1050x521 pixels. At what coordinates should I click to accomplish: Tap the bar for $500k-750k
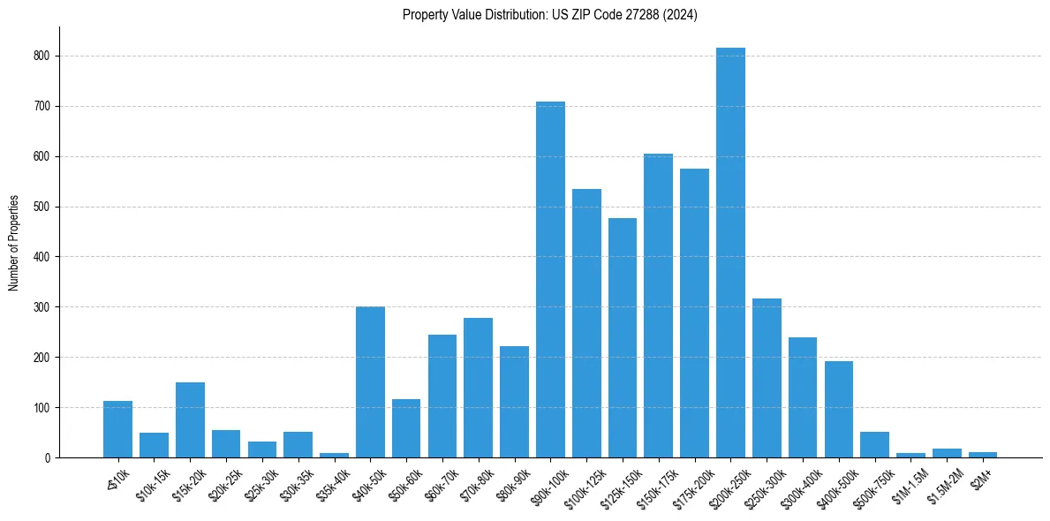(x=874, y=445)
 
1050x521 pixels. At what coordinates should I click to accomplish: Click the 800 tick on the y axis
(x=42, y=56)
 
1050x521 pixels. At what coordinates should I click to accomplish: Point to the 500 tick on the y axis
(x=42, y=207)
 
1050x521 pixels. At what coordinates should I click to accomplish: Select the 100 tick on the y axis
(x=42, y=408)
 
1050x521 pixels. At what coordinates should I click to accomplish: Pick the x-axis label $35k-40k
(x=333, y=482)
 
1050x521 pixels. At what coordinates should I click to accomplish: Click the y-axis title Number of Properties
(x=13, y=243)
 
